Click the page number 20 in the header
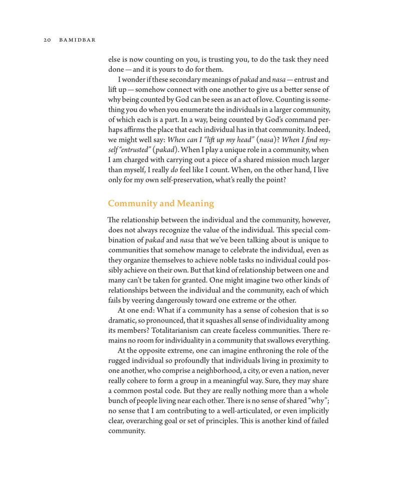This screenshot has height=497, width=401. (47, 40)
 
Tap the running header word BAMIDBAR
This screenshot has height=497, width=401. (78, 40)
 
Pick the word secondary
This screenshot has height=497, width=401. (178, 80)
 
